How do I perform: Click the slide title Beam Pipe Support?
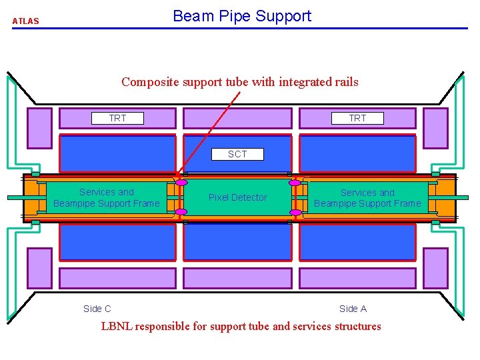pos(241,16)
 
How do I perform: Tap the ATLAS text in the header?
pos(26,21)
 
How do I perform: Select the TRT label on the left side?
pos(117,118)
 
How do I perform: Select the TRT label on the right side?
pos(357,118)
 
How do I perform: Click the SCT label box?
pos(237,154)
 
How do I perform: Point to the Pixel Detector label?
pos(237,197)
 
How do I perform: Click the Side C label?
pos(97,309)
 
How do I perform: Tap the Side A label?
pos(353,309)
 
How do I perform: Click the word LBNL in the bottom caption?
pos(116,326)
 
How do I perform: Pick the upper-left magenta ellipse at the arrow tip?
pos(181,182)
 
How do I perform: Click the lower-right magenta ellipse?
pos(295,213)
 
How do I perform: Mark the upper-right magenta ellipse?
pos(295,182)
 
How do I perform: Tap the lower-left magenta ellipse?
pos(181,213)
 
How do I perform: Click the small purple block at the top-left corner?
pos(39,128)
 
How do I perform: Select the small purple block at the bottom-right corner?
pos(435,268)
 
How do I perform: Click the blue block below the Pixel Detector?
pos(237,242)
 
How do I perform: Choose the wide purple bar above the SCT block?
pos(237,118)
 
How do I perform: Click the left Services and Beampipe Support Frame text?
pos(107,198)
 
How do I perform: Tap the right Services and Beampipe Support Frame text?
pos(367,198)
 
